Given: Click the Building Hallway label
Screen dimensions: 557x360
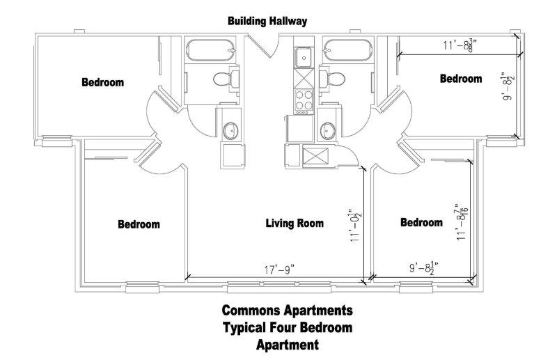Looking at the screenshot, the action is pyautogui.click(x=267, y=21).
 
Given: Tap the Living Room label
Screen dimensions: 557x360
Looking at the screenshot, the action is pyautogui.click(x=295, y=224).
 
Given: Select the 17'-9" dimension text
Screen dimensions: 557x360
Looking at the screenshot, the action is pyautogui.click(x=280, y=270).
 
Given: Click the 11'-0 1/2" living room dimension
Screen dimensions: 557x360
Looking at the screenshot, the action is pyautogui.click(x=355, y=226).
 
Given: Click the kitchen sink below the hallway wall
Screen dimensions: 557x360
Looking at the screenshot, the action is pyautogui.click(x=304, y=57).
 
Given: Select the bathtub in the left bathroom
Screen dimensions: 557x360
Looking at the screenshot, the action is pyautogui.click(x=210, y=50).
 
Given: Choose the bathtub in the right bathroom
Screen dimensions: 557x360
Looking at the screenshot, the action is pyautogui.click(x=347, y=50).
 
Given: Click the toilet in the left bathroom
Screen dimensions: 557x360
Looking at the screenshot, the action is pyautogui.click(x=226, y=79).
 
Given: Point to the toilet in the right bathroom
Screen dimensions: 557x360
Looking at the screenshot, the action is pyautogui.click(x=332, y=79).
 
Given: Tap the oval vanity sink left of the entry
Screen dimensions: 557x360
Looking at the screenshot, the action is pyautogui.click(x=230, y=131).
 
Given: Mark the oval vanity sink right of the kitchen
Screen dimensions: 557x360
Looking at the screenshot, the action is pyautogui.click(x=327, y=131).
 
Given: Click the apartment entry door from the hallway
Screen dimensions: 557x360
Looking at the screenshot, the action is pyautogui.click(x=263, y=45).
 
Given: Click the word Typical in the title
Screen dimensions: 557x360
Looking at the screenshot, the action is pyautogui.click(x=244, y=328).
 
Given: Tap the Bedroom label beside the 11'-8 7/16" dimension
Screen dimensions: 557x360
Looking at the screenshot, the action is pyautogui.click(x=421, y=222).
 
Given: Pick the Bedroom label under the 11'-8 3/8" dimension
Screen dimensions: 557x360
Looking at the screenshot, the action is pyautogui.click(x=461, y=79).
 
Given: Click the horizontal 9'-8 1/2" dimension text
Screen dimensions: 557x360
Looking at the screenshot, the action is pyautogui.click(x=423, y=267).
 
